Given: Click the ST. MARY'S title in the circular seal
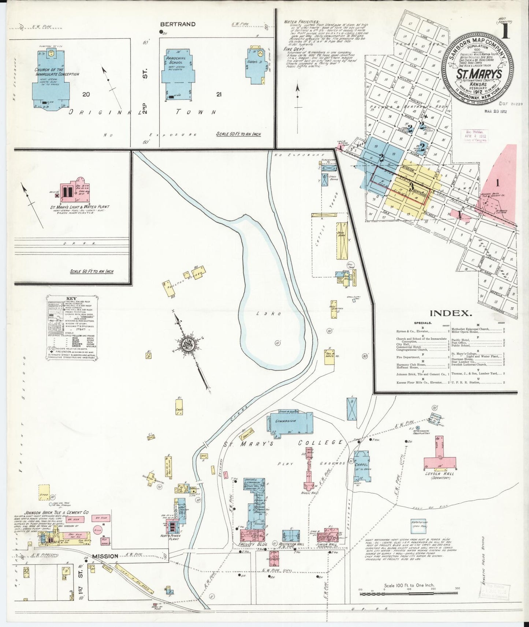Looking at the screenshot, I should (x=478, y=74).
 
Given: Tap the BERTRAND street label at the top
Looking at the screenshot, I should (x=178, y=24).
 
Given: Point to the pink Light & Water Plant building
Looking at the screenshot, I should (x=73, y=190).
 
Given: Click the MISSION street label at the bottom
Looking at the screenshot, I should (x=105, y=556).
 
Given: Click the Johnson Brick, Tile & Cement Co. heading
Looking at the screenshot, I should (x=57, y=513).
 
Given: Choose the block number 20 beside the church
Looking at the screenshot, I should (x=86, y=95).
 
